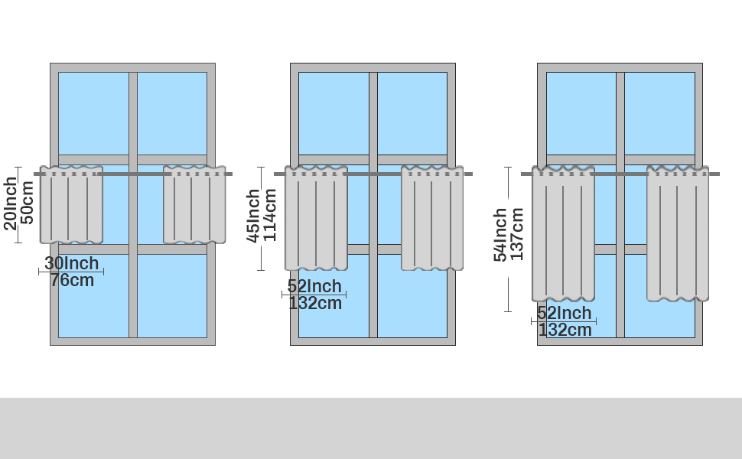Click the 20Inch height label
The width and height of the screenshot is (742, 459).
pyautogui.click(x=10, y=203)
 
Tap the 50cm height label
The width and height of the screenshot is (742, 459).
pyautogui.click(x=27, y=202)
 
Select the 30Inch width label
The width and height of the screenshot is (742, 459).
pyautogui.click(x=71, y=263)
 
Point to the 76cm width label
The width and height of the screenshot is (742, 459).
pyautogui.click(x=72, y=280)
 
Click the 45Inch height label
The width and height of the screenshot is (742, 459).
pyautogui.click(x=253, y=216)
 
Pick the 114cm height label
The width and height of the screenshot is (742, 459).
pyautogui.click(x=270, y=215)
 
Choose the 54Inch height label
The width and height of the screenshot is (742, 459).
pyautogui.click(x=500, y=235)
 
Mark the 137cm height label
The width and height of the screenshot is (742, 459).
pyautogui.click(x=517, y=234)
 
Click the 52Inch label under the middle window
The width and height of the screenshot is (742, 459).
pyautogui.click(x=314, y=286)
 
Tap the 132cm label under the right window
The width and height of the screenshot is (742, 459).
pyautogui.click(x=565, y=330)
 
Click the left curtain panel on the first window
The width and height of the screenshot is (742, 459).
pyautogui.click(x=71, y=204)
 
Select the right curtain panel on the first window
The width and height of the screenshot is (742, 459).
pyautogui.click(x=194, y=204)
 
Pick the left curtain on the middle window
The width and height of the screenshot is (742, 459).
pyautogui.click(x=316, y=218)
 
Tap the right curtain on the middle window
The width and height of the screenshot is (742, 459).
pyautogui.click(x=432, y=218)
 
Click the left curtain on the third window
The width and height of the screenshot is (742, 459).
pyautogui.click(x=563, y=233)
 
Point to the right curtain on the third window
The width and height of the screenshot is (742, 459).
pyautogui.click(x=678, y=233)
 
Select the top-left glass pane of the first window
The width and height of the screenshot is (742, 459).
pyautogui.click(x=93, y=113)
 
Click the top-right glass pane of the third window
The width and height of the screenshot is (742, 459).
pyautogui.click(x=659, y=113)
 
